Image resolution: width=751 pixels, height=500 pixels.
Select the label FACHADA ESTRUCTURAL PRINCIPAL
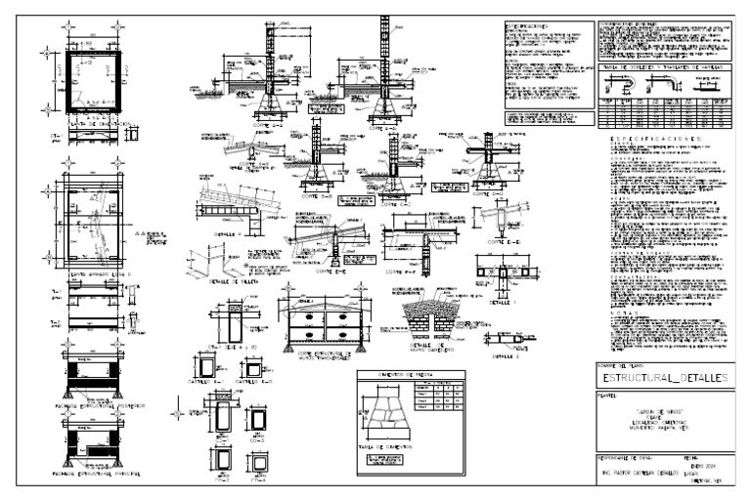[94, 475]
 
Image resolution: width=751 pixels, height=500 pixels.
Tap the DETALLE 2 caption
[506, 359]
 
